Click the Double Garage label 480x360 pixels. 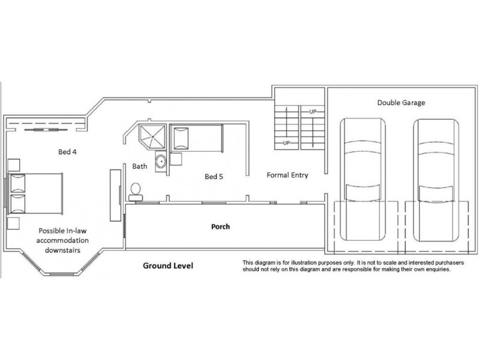(x=401, y=103)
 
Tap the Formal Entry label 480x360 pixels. (x=287, y=175)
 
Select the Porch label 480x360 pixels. (x=220, y=227)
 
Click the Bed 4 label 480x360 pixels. (x=67, y=152)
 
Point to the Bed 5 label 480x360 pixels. (x=214, y=176)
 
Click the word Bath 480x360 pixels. (x=140, y=166)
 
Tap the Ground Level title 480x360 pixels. (x=168, y=265)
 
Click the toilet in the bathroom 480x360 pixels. (x=136, y=191)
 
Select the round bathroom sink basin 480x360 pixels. (x=161, y=161)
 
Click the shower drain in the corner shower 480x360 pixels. (x=152, y=137)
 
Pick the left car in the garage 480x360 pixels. (x=363, y=179)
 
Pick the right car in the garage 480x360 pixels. (x=436, y=181)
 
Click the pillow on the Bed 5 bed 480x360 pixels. (x=181, y=139)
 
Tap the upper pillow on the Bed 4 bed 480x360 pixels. (x=18, y=184)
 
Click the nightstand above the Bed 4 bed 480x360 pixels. (x=13, y=165)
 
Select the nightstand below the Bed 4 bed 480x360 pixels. (x=13, y=223)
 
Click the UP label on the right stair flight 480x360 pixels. (x=313, y=112)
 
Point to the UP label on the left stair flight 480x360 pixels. (x=286, y=143)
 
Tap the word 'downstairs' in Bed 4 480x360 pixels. (x=62, y=250)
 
